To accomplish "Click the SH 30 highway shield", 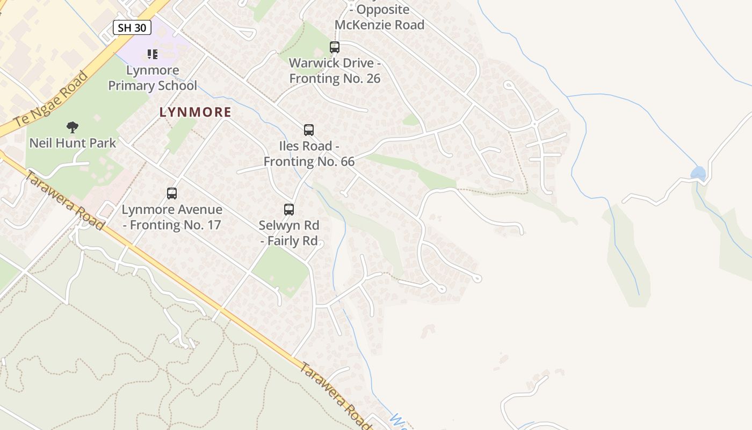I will [x=132, y=28].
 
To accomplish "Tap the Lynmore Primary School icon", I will [x=153, y=54].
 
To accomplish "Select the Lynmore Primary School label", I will [x=153, y=78].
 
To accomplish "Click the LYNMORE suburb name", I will [x=196, y=112].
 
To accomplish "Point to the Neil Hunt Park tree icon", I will [x=73, y=127].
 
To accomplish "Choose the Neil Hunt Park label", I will [x=73, y=143].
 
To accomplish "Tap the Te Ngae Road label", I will [x=52, y=99].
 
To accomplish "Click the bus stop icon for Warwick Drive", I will [x=335, y=47].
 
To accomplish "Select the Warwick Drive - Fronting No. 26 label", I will [x=335, y=70].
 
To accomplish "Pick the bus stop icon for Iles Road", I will [x=309, y=130].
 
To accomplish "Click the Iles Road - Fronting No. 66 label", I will [x=309, y=154].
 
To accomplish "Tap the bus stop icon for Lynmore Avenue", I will [x=172, y=193].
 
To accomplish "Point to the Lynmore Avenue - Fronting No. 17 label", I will [x=172, y=217].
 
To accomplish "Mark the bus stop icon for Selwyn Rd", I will [x=289, y=210].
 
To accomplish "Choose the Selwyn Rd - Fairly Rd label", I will [x=289, y=233].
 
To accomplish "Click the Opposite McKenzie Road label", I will [x=379, y=17].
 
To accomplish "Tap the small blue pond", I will [x=698, y=173].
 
